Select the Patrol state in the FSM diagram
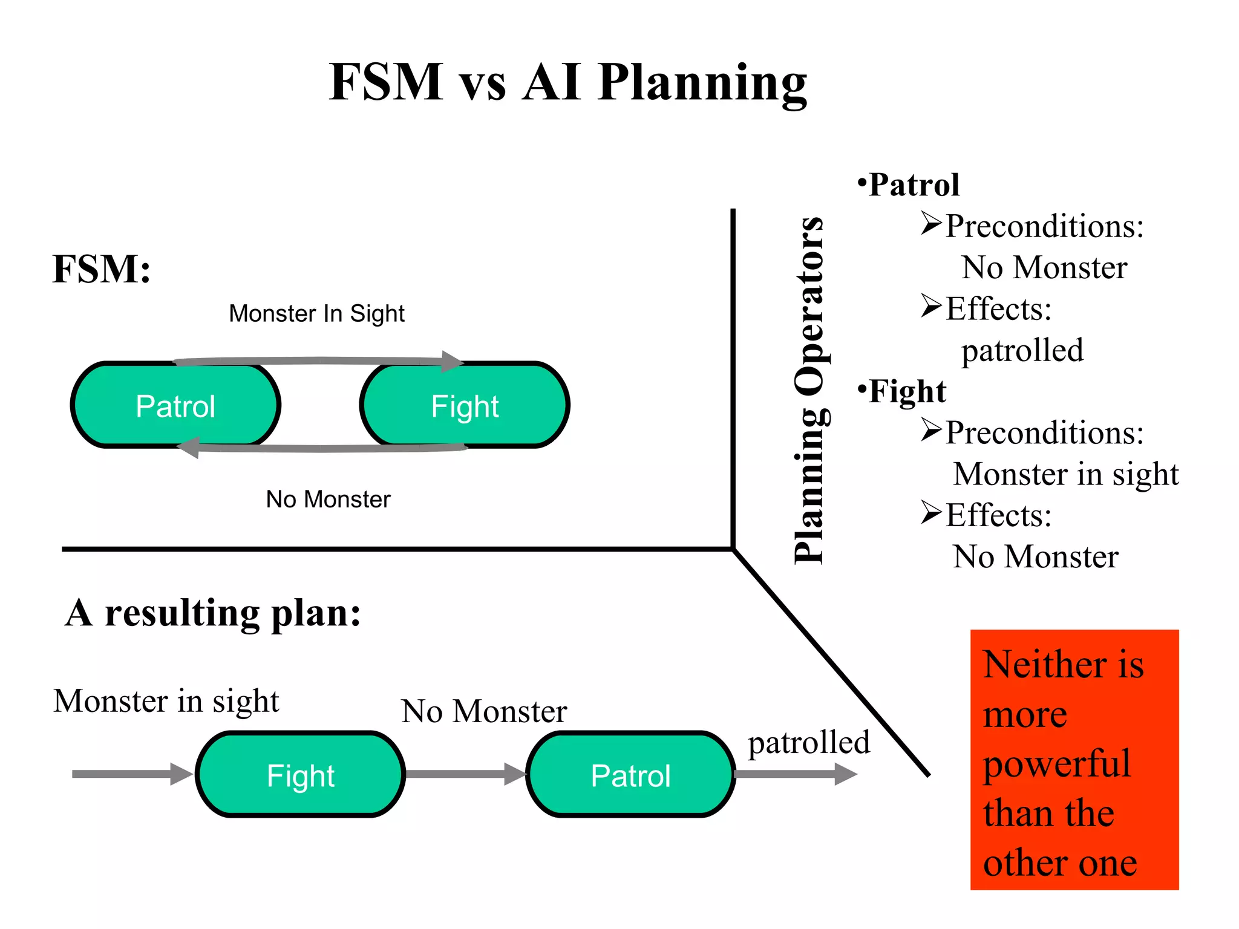click(175, 406)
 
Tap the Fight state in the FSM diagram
click(465, 406)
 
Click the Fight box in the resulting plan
click(301, 775)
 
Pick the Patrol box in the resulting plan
click(630, 775)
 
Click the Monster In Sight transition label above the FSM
click(316, 313)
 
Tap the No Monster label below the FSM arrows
click(328, 500)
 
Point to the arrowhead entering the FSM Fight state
click(452, 361)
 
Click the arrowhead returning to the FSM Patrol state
click(189, 448)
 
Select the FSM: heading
click(102, 269)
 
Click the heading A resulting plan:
click(213, 613)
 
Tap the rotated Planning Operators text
click(809, 390)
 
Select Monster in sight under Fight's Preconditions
click(1065, 474)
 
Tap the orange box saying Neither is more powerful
click(1074, 760)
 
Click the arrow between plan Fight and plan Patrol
click(465, 774)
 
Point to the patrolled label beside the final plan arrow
click(808, 743)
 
